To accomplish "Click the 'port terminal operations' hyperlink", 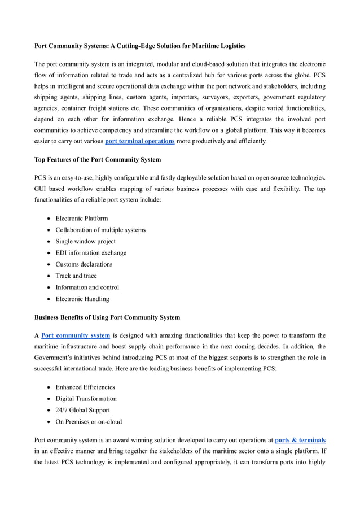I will point(139,141).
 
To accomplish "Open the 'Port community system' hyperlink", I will point(76,335).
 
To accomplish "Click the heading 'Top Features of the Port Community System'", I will point(98,159).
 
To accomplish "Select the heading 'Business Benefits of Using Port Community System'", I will point(107,317).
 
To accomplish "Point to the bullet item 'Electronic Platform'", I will point(81,219).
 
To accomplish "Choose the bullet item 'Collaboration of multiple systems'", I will point(100,230).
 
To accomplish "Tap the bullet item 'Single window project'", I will point(85,241).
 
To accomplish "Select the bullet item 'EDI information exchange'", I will point(91,253).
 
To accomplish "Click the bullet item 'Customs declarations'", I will point(84,264).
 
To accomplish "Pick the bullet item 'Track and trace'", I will point(76,276).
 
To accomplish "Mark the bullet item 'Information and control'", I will point(87,287).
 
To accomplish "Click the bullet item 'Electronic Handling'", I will point(82,299).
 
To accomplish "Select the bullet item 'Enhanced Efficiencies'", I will point(85,387).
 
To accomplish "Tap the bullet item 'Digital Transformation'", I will point(86,399).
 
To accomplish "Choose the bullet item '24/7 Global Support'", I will point(82,410).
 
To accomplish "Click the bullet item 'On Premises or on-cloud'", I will point(88,421).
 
